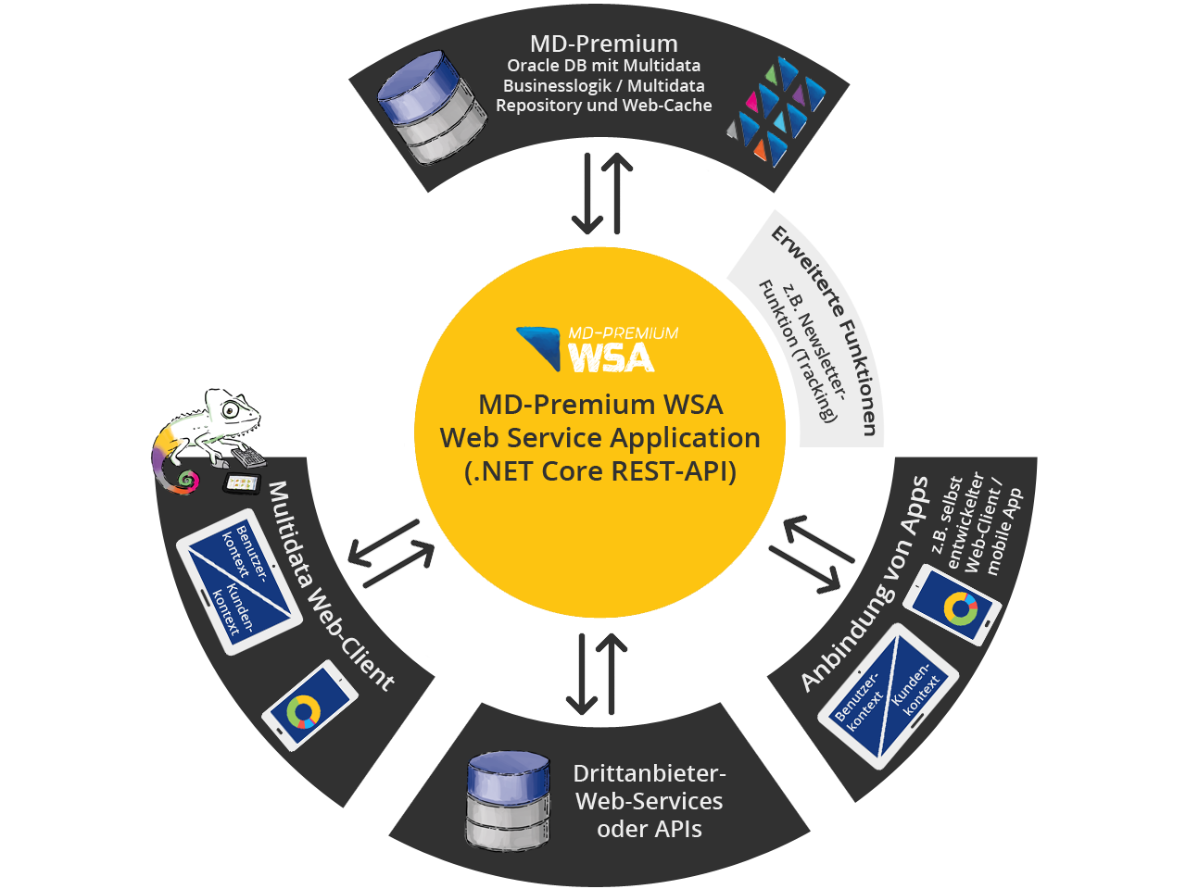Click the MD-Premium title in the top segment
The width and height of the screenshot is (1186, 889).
[603, 44]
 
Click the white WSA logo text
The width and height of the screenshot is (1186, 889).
[612, 357]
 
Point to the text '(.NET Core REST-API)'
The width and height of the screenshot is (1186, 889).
[600, 471]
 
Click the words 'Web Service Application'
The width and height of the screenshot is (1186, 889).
[600, 438]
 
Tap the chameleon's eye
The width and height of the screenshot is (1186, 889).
[240, 411]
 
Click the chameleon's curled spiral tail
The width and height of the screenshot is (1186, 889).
[185, 480]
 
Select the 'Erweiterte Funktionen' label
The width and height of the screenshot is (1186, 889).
[826, 329]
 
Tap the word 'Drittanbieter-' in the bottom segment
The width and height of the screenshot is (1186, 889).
[650, 773]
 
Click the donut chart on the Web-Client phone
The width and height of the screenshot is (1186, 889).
[303, 711]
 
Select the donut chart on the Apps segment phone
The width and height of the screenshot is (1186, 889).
[960, 608]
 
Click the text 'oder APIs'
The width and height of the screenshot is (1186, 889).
[650, 829]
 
